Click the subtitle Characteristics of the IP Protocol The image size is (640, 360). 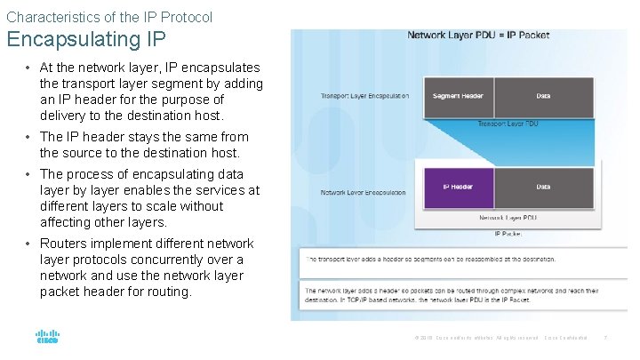tap(109, 17)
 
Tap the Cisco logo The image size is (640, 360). tap(47, 337)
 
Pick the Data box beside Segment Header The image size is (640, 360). tap(543, 96)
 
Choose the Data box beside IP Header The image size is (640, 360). tap(543, 187)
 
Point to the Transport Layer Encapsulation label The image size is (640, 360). tap(365, 96)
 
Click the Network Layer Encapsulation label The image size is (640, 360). tap(364, 192)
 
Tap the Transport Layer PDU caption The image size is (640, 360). tap(508, 124)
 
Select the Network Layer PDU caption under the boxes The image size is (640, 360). tap(507, 218)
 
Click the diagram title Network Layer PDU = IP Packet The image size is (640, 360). tap(478, 36)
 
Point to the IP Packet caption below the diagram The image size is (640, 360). tap(508, 235)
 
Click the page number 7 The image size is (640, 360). tap(605, 338)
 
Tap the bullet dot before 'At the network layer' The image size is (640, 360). tap(29, 68)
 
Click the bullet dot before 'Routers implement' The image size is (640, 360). tap(29, 244)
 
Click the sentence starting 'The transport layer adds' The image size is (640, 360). tap(431, 260)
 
